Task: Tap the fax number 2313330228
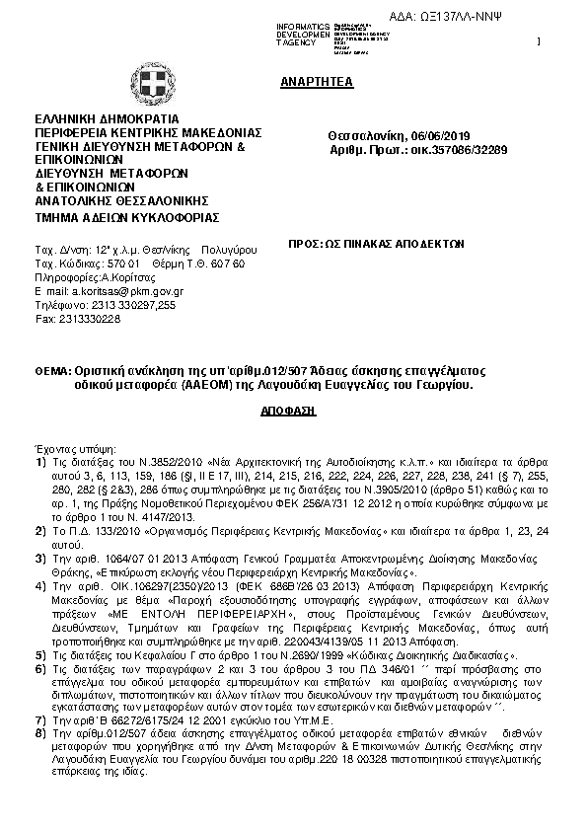tap(88, 320)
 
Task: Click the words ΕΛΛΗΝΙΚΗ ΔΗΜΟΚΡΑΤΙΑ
tap(106, 118)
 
